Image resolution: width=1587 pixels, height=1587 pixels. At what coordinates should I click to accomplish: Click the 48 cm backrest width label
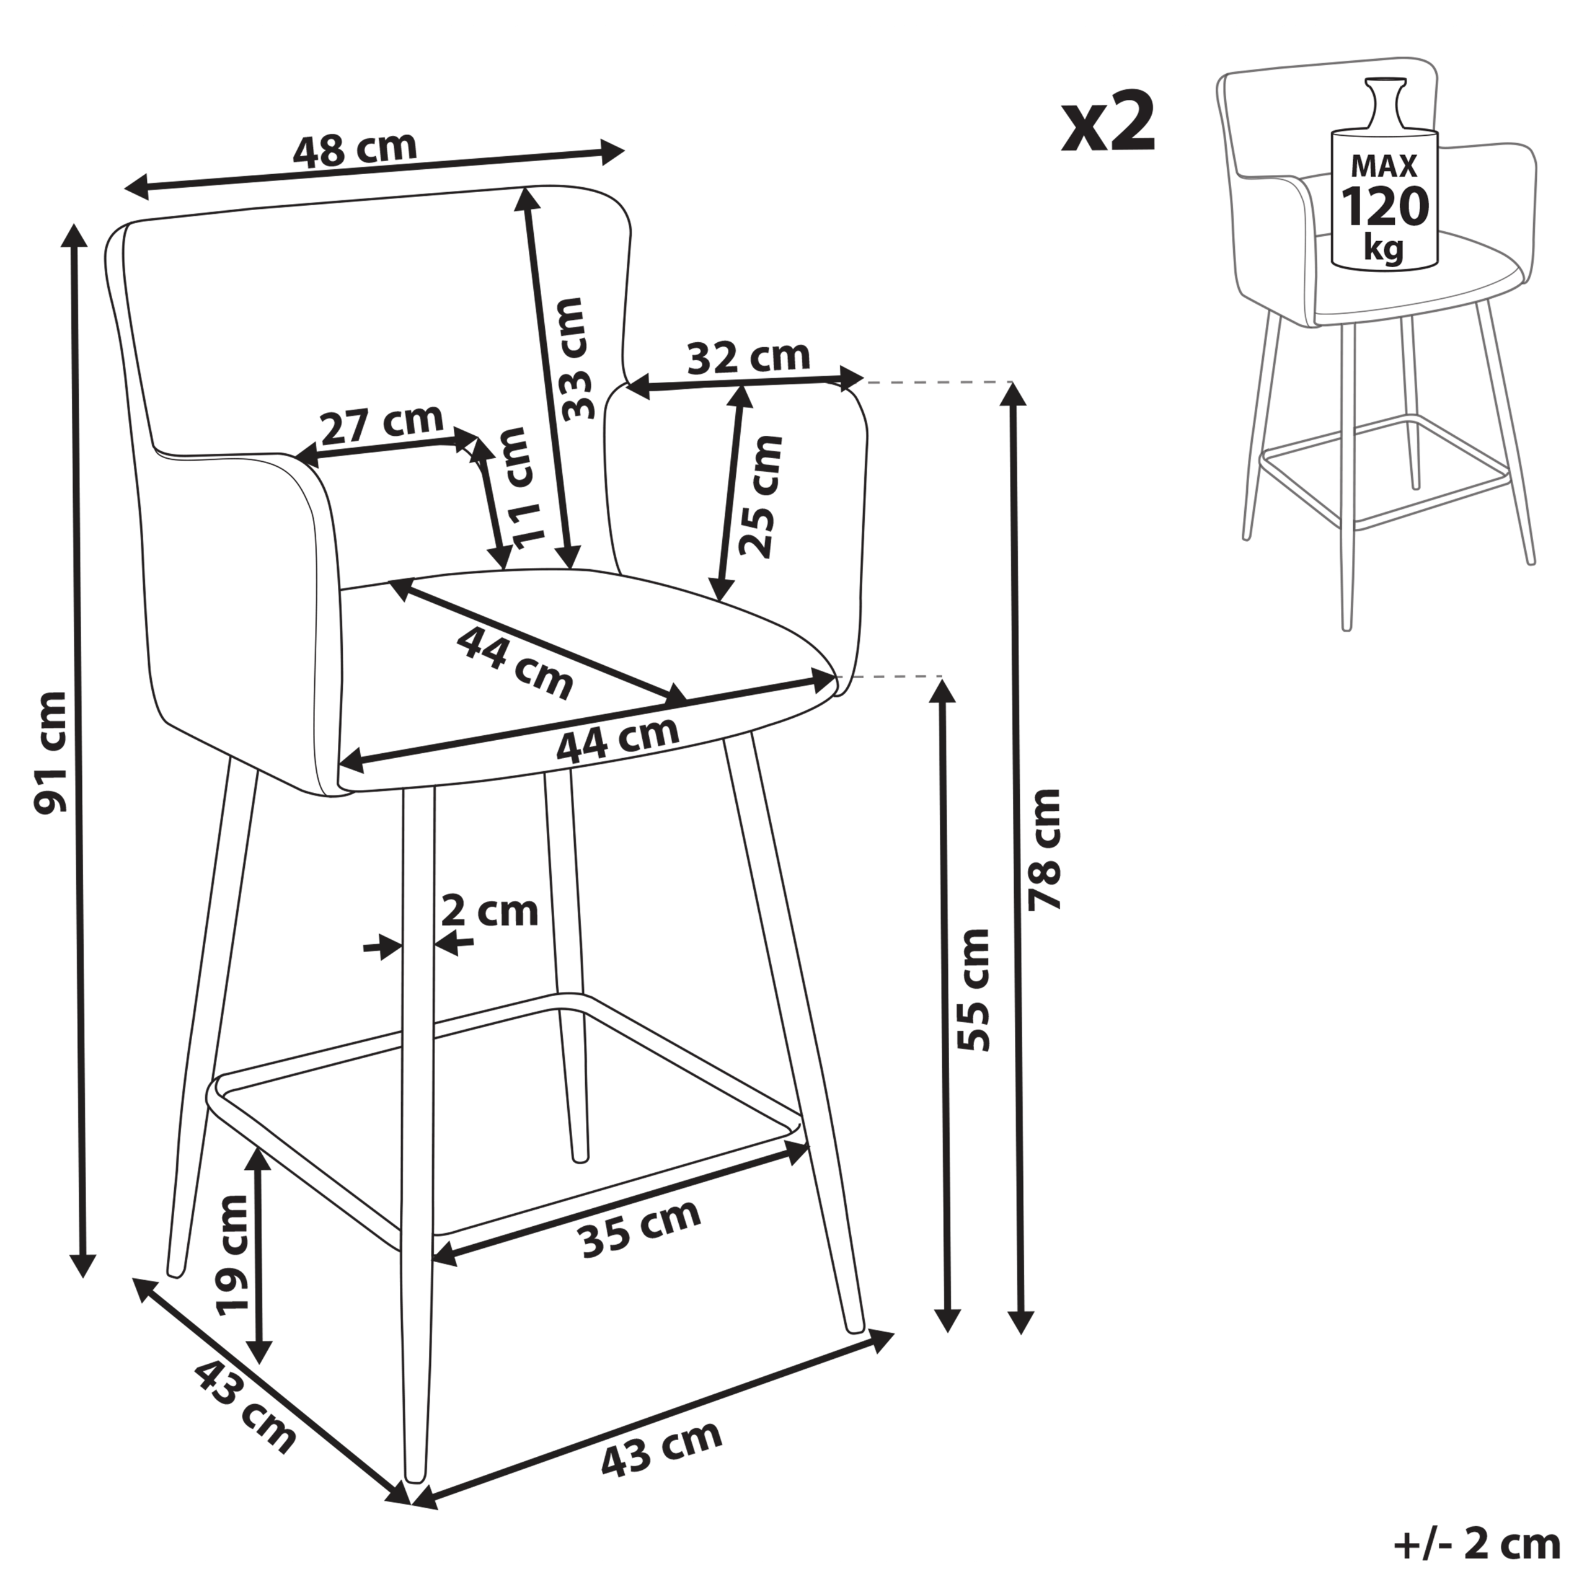(355, 149)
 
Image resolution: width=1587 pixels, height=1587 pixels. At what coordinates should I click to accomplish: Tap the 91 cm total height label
(51, 753)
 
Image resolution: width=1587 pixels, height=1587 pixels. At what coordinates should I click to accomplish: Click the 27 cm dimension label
(381, 424)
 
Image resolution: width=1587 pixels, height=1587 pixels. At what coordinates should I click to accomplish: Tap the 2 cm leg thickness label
(490, 912)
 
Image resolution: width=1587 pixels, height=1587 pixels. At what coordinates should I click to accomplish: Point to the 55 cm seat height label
(975, 991)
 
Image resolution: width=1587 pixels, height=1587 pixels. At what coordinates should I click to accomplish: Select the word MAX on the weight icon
(1385, 166)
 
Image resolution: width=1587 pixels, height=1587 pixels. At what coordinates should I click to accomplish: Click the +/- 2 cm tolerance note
(1476, 1544)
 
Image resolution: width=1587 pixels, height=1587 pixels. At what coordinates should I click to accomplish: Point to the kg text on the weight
(1384, 247)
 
